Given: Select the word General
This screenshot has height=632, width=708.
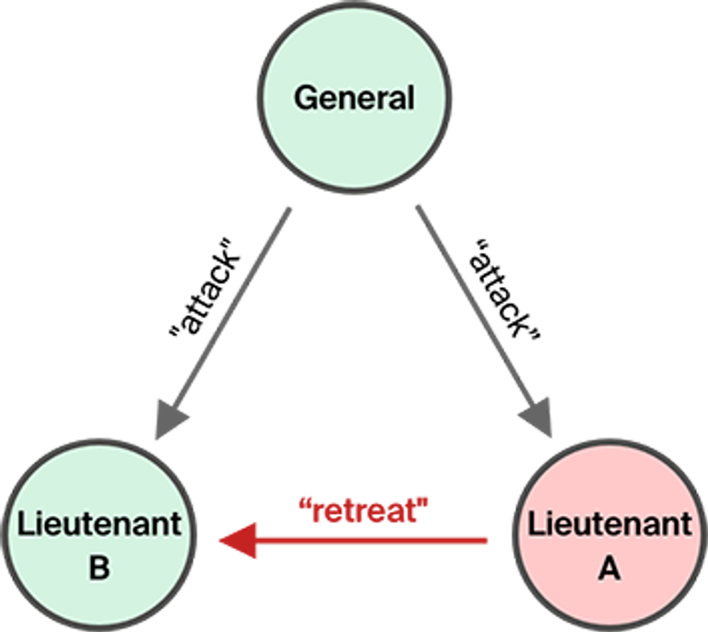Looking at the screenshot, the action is click(354, 98).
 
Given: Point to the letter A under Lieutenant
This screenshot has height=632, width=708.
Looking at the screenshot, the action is click(608, 568).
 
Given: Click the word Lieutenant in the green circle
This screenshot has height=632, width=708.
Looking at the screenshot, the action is click(100, 525).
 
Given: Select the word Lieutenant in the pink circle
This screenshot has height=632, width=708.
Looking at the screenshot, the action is click(608, 525).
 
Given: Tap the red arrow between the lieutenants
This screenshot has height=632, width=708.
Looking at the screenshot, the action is click(369, 540).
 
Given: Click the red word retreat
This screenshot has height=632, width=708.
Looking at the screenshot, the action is click(366, 511).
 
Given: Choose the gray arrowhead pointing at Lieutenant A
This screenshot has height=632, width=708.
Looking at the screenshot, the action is click(537, 421).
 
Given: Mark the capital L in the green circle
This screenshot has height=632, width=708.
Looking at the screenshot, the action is click(24, 525).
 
